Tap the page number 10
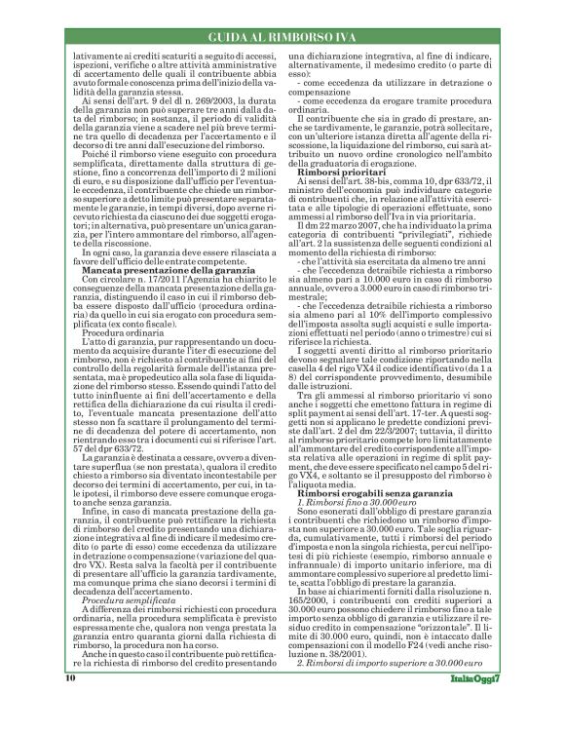pyautogui.click(x=70, y=705)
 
